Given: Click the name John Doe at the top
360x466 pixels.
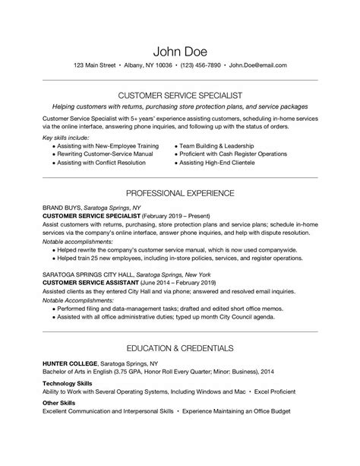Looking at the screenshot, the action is click(x=180, y=51).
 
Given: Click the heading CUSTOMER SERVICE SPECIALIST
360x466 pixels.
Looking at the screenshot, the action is click(x=180, y=96).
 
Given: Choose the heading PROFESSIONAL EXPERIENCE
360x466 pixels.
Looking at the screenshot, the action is click(x=180, y=193).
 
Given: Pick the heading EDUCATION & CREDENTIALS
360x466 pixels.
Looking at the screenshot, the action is click(x=180, y=348).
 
